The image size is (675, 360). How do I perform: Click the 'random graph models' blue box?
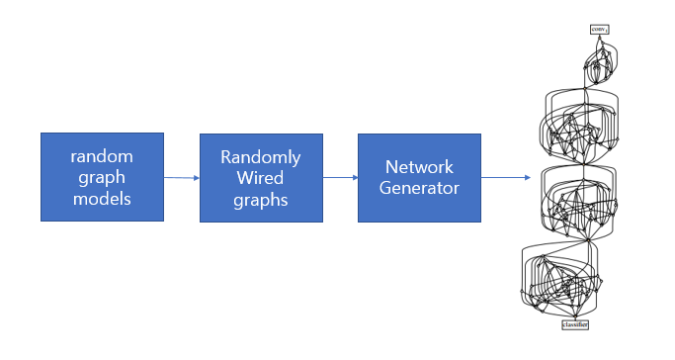point(102,176)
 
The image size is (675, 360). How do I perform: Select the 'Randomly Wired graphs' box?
point(261,176)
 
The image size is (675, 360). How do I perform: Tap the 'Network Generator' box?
point(419,177)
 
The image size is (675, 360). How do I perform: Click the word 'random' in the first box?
point(102,155)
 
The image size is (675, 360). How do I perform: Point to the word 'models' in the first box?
point(102,198)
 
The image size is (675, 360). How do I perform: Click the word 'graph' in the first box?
point(102,176)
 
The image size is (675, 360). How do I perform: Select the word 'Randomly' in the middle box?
point(261,156)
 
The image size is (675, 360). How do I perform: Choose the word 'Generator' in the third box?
point(419,187)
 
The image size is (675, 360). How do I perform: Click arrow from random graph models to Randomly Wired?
point(182,178)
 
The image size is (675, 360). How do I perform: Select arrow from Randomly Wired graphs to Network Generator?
point(340,178)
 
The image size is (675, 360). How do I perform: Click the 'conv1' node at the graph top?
point(599,30)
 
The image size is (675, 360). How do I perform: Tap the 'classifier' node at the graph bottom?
point(575,324)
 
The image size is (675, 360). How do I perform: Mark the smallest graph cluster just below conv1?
point(600,67)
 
